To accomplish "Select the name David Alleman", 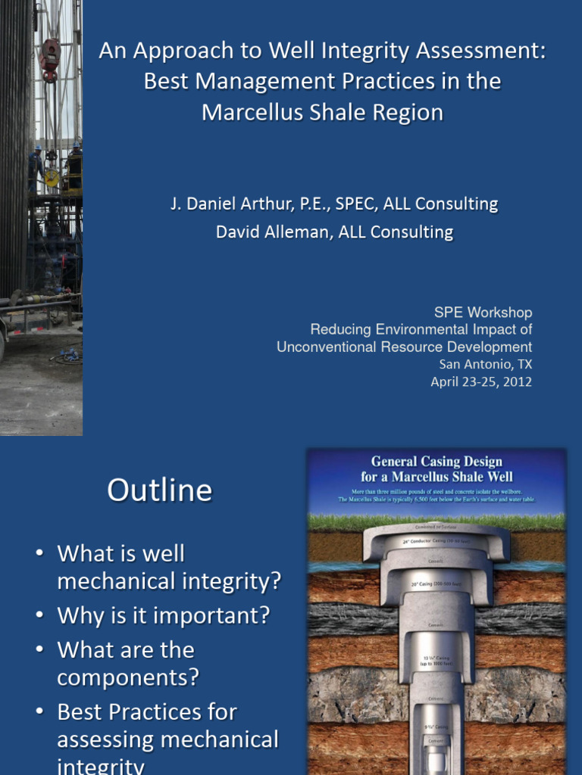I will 271,232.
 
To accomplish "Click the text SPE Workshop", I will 483,312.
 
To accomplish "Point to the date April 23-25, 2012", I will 481,381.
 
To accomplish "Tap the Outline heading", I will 159,490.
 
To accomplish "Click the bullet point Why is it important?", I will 163,615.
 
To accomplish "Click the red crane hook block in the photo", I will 51,58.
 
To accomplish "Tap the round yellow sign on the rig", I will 52,179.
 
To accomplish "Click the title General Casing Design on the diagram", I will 436,461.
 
